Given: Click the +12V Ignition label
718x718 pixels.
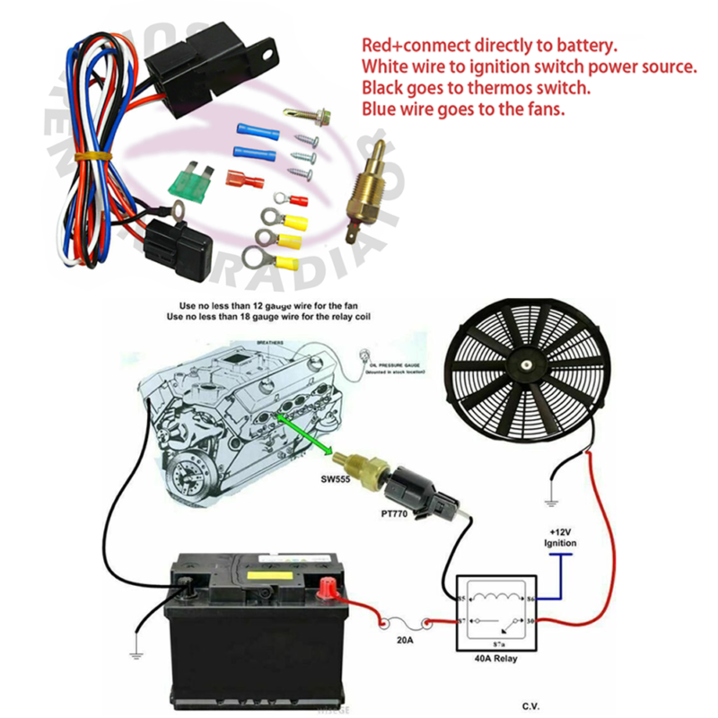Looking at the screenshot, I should (560, 538).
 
